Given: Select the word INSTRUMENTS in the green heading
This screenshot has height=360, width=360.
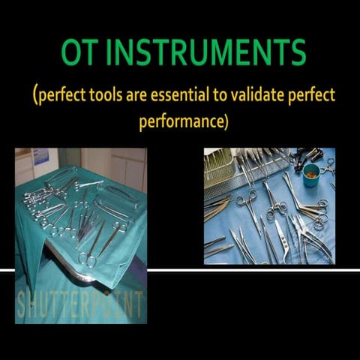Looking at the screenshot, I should (205, 53).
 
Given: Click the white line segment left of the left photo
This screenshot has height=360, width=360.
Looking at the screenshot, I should (7, 268).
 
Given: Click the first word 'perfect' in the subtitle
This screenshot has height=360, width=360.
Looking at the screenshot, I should (64, 97).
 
